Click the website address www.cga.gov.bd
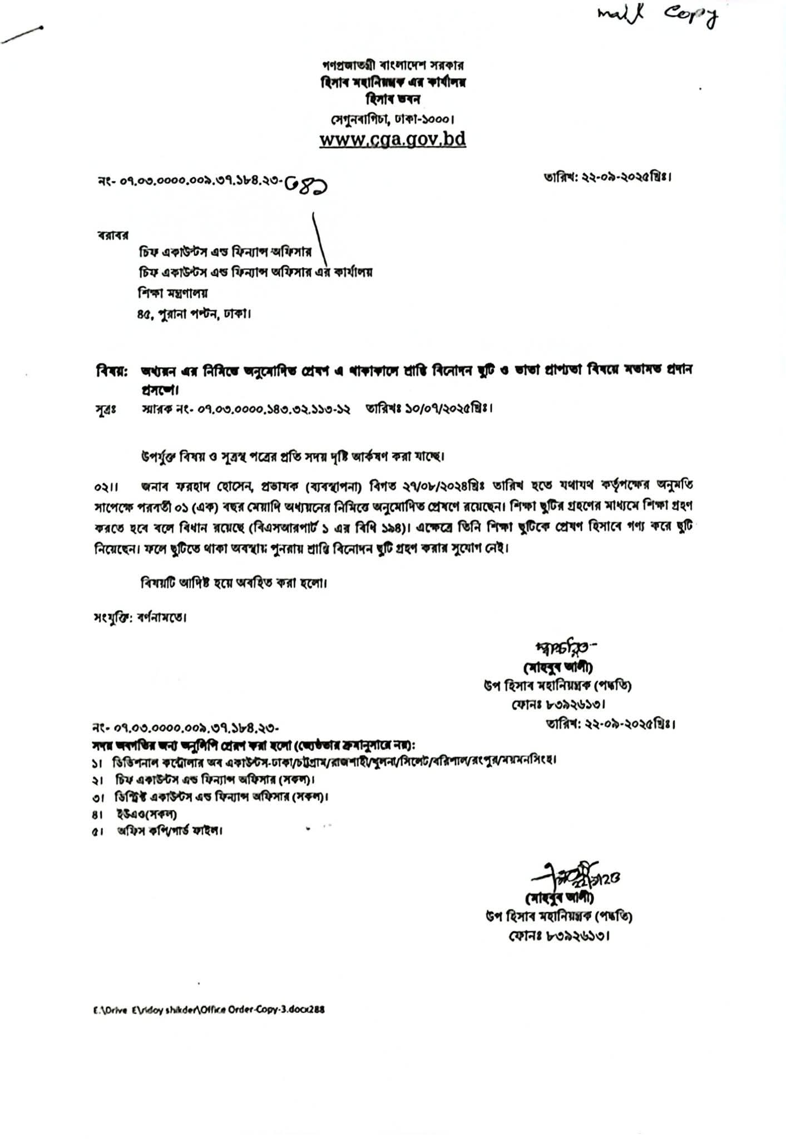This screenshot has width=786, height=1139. pos(392,139)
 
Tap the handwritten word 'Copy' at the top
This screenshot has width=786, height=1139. pos(688,18)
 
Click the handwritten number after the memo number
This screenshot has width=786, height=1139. pos(306,187)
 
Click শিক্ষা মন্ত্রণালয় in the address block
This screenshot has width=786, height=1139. pos(173,293)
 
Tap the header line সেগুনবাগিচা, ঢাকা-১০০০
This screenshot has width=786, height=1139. pos(392,119)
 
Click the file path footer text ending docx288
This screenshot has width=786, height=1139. pos(209,1009)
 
